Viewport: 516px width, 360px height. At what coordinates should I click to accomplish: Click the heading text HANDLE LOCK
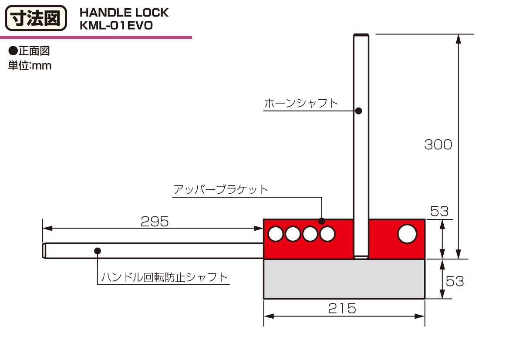[x=124, y=13]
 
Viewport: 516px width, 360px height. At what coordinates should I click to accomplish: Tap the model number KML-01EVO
[x=116, y=25]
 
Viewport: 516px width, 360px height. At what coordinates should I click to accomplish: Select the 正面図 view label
[x=30, y=51]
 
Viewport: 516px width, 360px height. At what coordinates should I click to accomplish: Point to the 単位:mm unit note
[x=30, y=66]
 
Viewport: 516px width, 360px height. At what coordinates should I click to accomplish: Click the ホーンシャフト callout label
[x=301, y=104]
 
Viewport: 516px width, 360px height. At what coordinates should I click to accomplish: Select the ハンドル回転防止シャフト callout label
[x=165, y=277]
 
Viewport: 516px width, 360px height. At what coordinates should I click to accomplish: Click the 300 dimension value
[x=438, y=145]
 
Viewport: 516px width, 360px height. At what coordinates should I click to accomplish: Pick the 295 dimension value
[x=155, y=222]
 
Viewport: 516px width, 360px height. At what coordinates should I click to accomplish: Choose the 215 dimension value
[x=342, y=308]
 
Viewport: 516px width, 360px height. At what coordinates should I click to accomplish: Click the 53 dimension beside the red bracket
[x=439, y=211]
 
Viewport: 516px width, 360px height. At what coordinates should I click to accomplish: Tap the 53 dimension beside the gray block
[x=455, y=281]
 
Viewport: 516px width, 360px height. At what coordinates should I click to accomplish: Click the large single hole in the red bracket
[x=407, y=234]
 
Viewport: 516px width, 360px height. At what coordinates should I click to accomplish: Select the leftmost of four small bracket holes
[x=275, y=234]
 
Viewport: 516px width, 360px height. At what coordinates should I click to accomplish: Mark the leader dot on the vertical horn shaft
[x=358, y=111]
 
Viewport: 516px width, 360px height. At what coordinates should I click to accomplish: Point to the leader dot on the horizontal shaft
[x=98, y=251]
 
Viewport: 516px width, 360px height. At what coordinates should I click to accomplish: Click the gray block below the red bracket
[x=344, y=279]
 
